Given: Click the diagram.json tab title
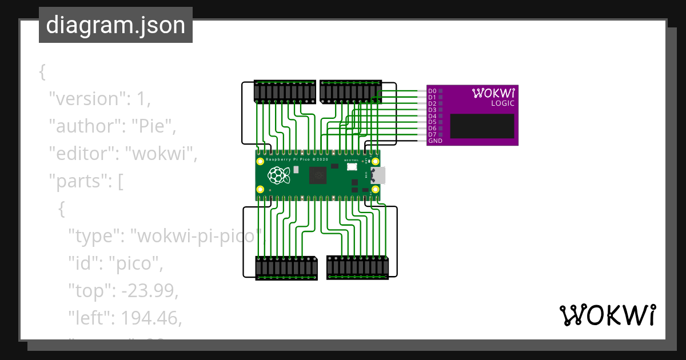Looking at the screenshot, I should pos(115,25).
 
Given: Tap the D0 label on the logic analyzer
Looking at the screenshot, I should pos(432,91).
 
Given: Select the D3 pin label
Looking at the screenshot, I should pos(432,110).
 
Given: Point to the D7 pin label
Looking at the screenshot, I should pos(432,134).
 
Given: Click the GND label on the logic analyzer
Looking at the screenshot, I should pos(435,141).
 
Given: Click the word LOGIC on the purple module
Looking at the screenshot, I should pos(503,103).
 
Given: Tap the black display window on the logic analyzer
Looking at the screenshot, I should pos(481,126).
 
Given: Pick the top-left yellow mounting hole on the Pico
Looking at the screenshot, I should pos(261,162).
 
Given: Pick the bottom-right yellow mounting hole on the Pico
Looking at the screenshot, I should pos(376,189).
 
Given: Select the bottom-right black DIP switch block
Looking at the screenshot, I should pos(358,267).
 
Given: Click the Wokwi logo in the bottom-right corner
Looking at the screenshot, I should pos(607,315).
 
